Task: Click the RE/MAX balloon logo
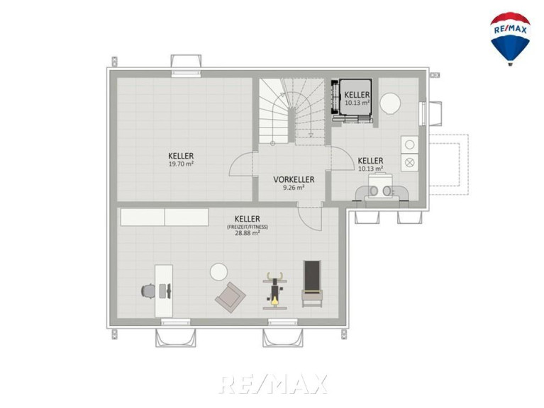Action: [x=510, y=39]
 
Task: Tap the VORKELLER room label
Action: [x=294, y=180]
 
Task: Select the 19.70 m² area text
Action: [x=181, y=164]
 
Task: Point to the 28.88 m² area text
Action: [x=248, y=234]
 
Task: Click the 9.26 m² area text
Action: [x=294, y=188]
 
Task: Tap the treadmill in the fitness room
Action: [x=312, y=283]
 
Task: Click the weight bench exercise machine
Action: [x=274, y=290]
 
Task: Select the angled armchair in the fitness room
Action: [x=231, y=297]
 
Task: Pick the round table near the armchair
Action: [x=218, y=272]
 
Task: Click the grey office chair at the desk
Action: [x=148, y=290]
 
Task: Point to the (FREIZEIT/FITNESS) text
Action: [x=248, y=227]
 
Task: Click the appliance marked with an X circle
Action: [x=410, y=162]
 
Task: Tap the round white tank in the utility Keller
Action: [x=390, y=103]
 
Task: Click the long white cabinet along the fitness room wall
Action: [x=165, y=217]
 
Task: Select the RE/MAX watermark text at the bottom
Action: [x=273, y=384]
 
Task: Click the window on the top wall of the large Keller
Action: [x=187, y=73]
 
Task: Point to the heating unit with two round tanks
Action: [x=381, y=188]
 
